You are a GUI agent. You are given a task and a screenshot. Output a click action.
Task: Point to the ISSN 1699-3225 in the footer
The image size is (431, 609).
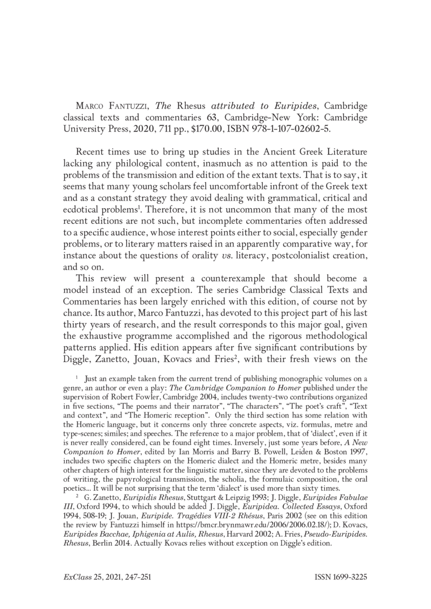pyautogui.click(x=340, y=577)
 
